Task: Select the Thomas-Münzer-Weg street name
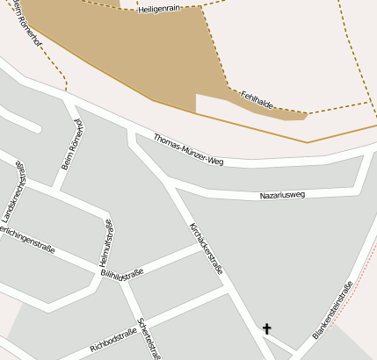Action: coord(188,150)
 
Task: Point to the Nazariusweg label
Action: coord(282,194)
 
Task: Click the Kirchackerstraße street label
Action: coord(205,248)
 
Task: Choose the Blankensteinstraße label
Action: coord(332,310)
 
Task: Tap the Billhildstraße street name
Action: coord(122,275)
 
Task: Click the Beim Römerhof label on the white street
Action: coord(71,144)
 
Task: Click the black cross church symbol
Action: coord(267,329)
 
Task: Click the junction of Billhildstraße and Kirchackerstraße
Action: coord(205,248)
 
